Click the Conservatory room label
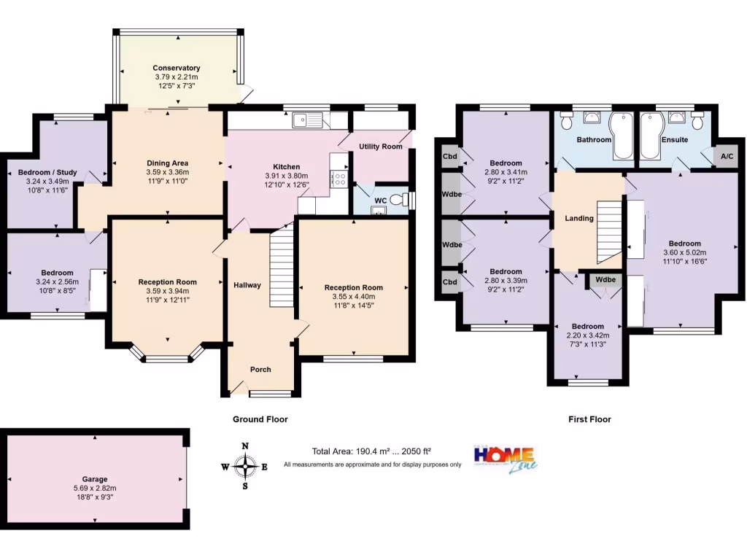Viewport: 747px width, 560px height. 176,68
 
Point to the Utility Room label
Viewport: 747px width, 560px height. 380,147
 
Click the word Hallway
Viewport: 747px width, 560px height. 247,285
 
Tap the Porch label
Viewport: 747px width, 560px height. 260,370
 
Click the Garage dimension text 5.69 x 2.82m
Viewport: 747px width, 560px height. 94,488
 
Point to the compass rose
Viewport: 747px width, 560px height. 245,465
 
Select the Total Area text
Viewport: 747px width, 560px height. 372,451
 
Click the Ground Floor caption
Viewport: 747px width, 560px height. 260,419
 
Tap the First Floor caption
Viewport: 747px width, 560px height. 589,419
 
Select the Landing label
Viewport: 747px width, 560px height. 579,218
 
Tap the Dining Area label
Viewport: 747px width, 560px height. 169,163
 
